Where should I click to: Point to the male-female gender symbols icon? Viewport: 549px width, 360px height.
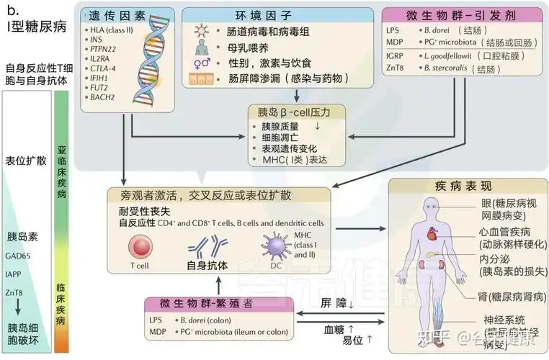[x=201, y=63]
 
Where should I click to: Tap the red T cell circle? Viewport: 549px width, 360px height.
[x=139, y=248]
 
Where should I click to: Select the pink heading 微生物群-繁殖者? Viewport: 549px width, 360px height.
[x=198, y=304]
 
